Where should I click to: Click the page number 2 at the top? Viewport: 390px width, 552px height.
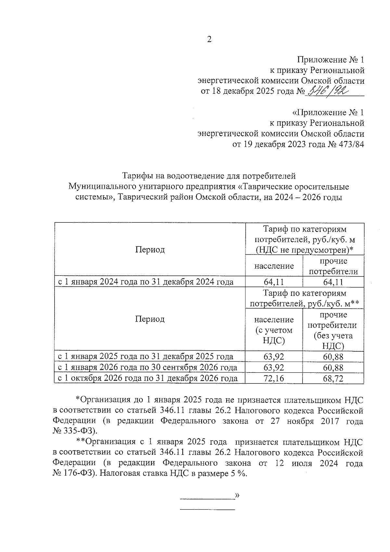click(209, 39)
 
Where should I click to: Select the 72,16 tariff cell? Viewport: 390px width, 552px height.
click(274, 378)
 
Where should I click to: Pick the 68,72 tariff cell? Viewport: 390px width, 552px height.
click(333, 378)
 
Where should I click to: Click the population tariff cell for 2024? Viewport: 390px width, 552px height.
click(274, 282)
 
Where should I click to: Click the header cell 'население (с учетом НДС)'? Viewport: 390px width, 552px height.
click(274, 330)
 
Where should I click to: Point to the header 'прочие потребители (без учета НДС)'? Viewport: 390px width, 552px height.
click(333, 330)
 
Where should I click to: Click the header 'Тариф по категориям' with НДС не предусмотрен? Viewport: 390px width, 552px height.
click(305, 239)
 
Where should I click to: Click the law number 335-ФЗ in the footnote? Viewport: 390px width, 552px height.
click(79, 431)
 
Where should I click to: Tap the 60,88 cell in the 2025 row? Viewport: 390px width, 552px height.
click(333, 357)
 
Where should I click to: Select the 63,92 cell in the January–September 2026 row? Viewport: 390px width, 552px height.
click(274, 367)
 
